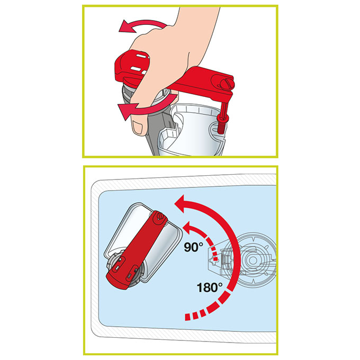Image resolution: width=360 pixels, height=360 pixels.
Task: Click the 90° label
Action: (x=194, y=247)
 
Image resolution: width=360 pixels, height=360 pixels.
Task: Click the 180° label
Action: (x=210, y=287)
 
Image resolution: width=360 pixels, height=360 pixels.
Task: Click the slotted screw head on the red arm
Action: (x=226, y=83)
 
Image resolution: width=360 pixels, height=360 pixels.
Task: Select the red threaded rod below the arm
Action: (x=223, y=119)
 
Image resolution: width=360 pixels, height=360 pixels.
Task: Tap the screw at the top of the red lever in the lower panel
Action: (x=159, y=216)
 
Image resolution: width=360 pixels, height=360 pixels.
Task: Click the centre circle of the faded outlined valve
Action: (x=253, y=260)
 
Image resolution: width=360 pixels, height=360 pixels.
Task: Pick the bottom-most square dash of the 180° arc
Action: (x=187, y=317)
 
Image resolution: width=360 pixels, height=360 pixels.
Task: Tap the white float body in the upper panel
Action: (x=197, y=129)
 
